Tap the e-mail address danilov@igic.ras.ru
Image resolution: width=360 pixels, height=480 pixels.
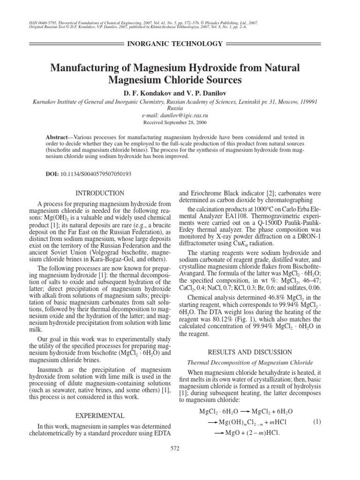click(x=180, y=115)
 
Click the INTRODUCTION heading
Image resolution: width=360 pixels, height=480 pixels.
click(x=100, y=193)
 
